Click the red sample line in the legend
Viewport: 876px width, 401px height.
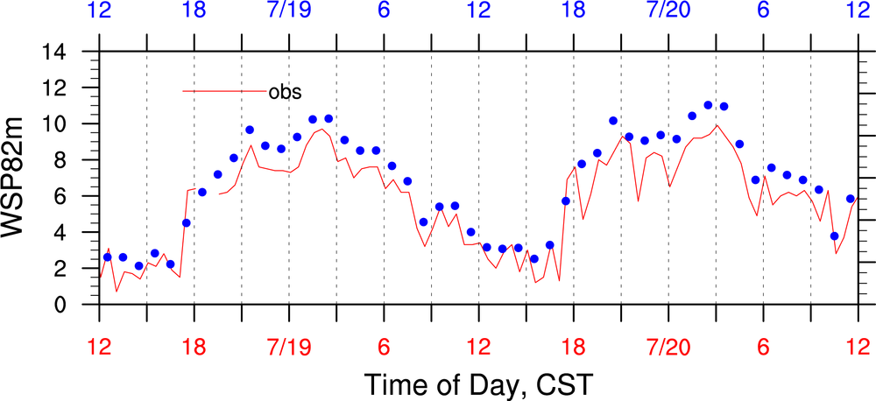[223, 91]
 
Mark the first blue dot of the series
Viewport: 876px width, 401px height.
[107, 257]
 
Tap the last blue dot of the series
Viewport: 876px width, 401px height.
[850, 199]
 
